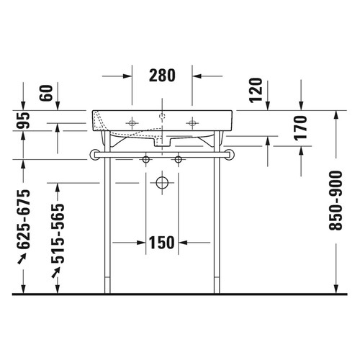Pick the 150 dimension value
click(x=163, y=243)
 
